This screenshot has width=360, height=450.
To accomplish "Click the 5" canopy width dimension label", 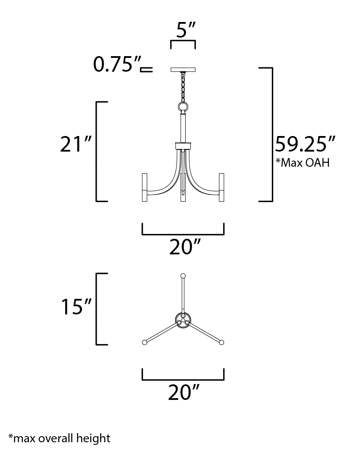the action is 186,29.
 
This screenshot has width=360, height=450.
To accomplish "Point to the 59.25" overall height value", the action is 305,144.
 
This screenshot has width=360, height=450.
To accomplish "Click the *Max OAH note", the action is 303,162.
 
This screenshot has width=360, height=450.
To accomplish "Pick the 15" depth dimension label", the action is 76,306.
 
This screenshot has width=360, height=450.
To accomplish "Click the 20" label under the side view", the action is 185,247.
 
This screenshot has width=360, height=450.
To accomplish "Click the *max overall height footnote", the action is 60,438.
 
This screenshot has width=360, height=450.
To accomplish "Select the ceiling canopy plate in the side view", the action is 183,70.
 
